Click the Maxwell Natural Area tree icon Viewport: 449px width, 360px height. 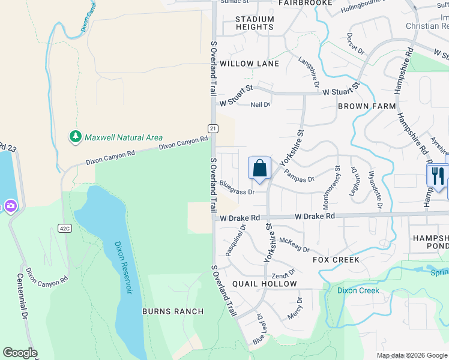[75, 137]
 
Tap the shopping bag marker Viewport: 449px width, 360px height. [259, 169]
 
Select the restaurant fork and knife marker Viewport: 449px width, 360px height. [437, 175]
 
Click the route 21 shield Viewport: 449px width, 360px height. [212, 128]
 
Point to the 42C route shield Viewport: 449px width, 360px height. [65, 228]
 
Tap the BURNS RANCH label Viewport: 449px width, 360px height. [173, 311]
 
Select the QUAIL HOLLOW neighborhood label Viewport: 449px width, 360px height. [265, 284]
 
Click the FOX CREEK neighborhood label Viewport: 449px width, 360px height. [336, 260]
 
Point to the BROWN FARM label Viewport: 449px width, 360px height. [367, 106]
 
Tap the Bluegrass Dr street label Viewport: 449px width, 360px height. [238, 191]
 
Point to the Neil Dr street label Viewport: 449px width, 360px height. [260, 104]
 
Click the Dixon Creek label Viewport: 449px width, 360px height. [358, 290]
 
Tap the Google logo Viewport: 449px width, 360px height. [20, 353]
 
